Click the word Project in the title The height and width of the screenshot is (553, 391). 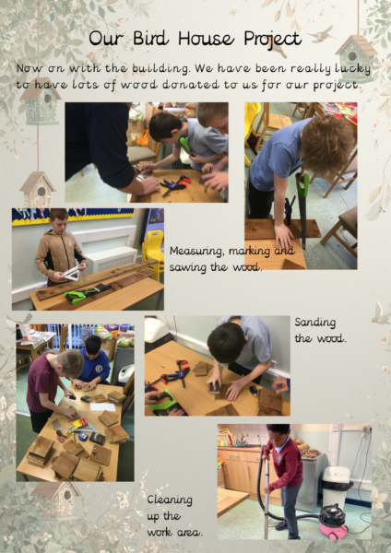tap(273, 39)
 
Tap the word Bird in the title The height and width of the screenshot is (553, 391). tap(151, 38)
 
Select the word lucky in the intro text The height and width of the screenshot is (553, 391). tap(353, 69)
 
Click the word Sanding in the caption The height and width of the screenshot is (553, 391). tap(315, 323)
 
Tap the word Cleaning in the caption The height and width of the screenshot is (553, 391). tap(170, 500)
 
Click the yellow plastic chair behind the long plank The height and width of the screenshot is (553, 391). tap(153, 252)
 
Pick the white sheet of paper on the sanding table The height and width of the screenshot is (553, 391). tap(102, 406)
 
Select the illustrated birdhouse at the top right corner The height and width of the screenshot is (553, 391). tap(356, 58)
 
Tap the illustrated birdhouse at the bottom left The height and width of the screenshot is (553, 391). tap(57, 500)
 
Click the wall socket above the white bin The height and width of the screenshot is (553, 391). tap(367, 429)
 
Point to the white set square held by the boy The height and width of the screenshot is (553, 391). tap(72, 274)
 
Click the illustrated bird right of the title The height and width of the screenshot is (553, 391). tap(321, 34)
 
